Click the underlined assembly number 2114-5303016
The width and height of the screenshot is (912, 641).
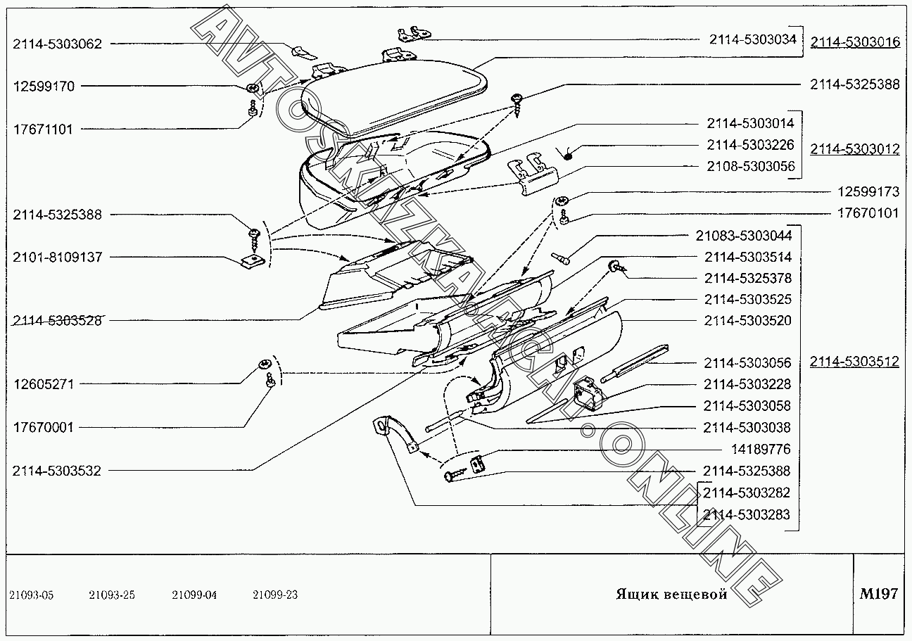tap(854, 43)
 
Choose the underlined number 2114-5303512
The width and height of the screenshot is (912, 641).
tap(854, 362)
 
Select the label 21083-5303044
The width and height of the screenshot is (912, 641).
tap(744, 235)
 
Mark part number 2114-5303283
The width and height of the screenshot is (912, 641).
tap(746, 514)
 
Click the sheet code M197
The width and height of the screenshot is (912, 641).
tap(878, 594)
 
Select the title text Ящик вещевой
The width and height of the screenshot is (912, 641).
tap(671, 595)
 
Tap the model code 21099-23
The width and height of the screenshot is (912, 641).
tap(275, 595)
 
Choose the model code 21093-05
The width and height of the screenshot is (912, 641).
tap(31, 595)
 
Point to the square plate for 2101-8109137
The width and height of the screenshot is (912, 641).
tap(249, 260)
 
